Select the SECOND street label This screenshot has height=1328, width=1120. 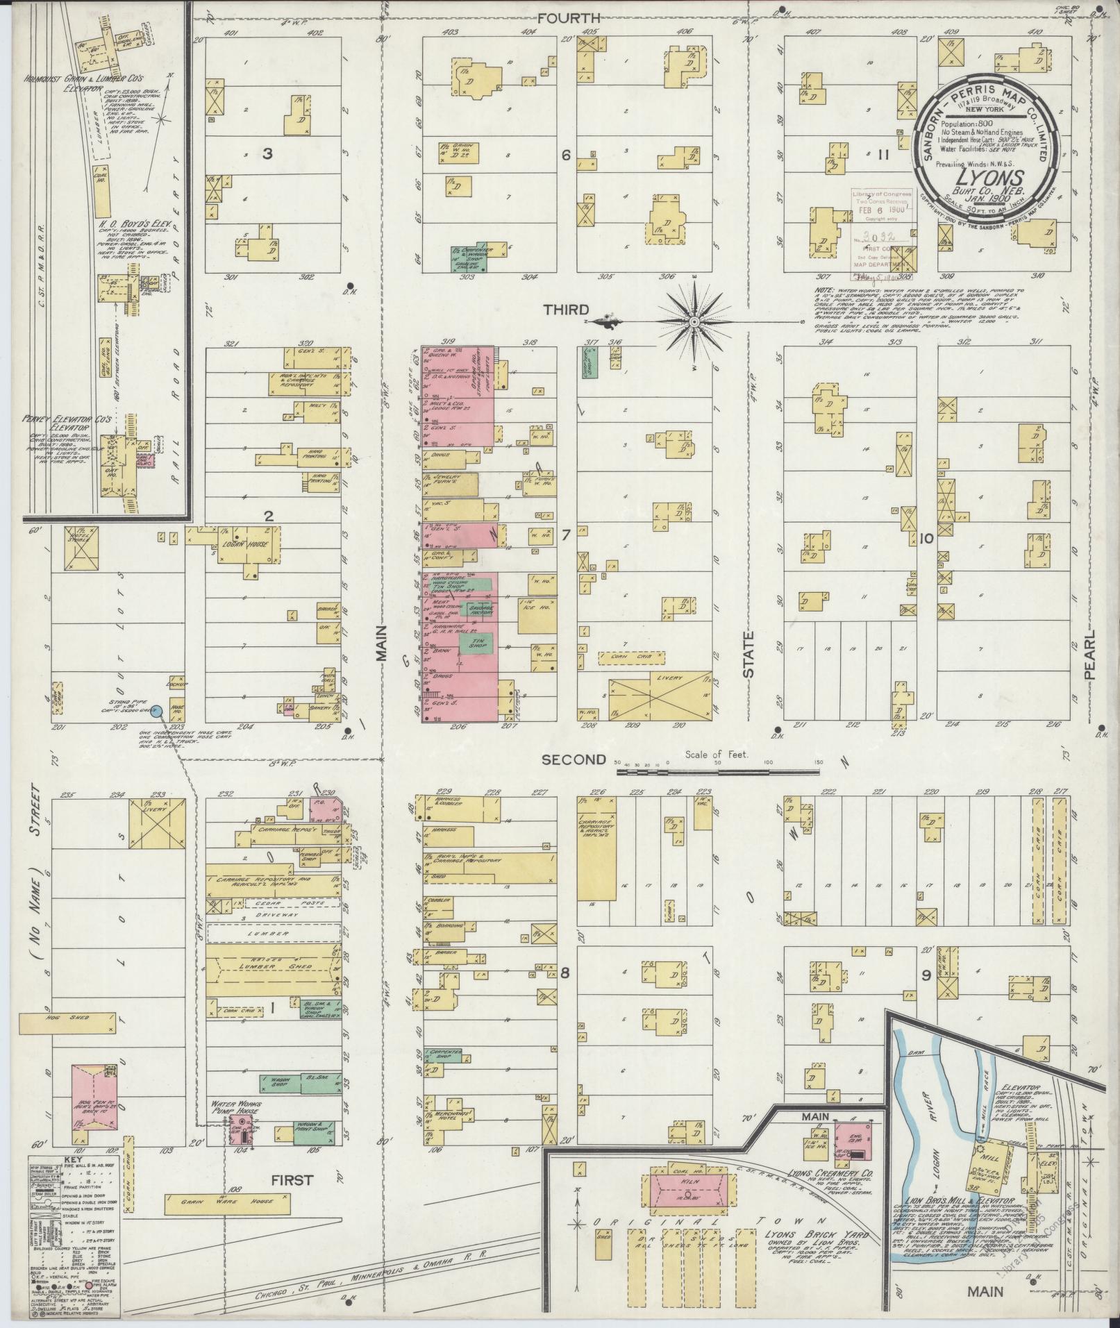(x=573, y=759)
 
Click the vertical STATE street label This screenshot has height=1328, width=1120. (x=748, y=654)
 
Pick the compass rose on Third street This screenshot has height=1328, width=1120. (x=694, y=322)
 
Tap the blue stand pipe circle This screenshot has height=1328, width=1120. (x=157, y=711)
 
